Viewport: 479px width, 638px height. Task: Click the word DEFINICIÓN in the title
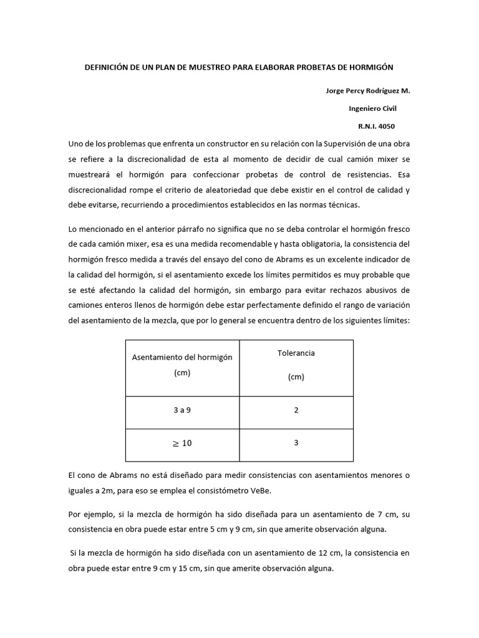click(x=106, y=67)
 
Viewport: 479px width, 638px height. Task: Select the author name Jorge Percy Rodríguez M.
click(x=368, y=91)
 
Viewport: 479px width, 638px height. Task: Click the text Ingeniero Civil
click(x=372, y=108)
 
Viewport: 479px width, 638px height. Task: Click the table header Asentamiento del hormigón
click(x=182, y=357)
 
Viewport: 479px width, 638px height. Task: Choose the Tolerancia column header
click(x=296, y=353)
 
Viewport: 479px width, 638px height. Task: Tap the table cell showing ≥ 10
click(x=181, y=443)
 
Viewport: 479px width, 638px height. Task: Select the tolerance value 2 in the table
click(x=296, y=411)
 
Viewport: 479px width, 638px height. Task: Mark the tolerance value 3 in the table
click(x=296, y=442)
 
